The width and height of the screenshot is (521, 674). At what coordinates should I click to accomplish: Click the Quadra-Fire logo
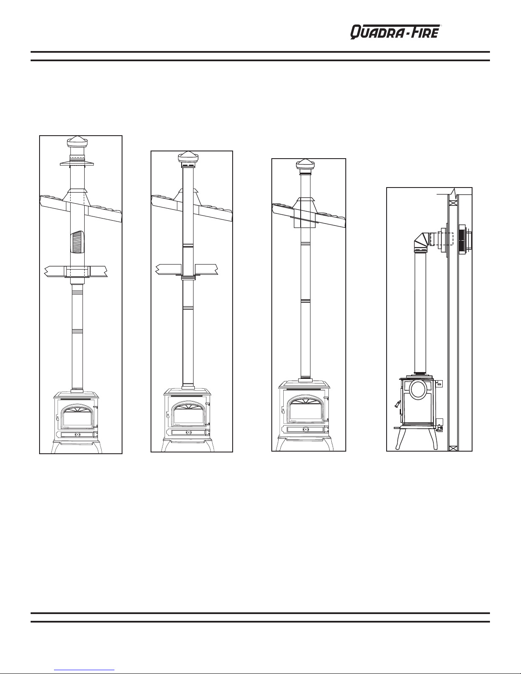[396, 32]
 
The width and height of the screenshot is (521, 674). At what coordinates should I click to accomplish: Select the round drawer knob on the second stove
[188, 432]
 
